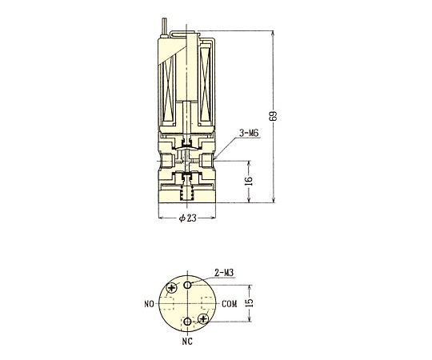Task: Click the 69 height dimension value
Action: pyautogui.click(x=273, y=117)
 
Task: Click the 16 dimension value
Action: pyautogui.click(x=249, y=181)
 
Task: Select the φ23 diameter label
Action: pyautogui.click(x=188, y=218)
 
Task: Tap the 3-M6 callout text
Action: pyautogui.click(x=249, y=134)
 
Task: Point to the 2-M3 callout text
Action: pyautogui.click(x=224, y=273)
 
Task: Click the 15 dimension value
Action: pyautogui.click(x=249, y=303)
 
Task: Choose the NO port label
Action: pyautogui.click(x=149, y=304)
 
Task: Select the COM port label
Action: pyautogui.click(x=230, y=304)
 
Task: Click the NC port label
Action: pyautogui.click(x=187, y=342)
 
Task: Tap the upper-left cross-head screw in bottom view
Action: pyautogui.click(x=172, y=288)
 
